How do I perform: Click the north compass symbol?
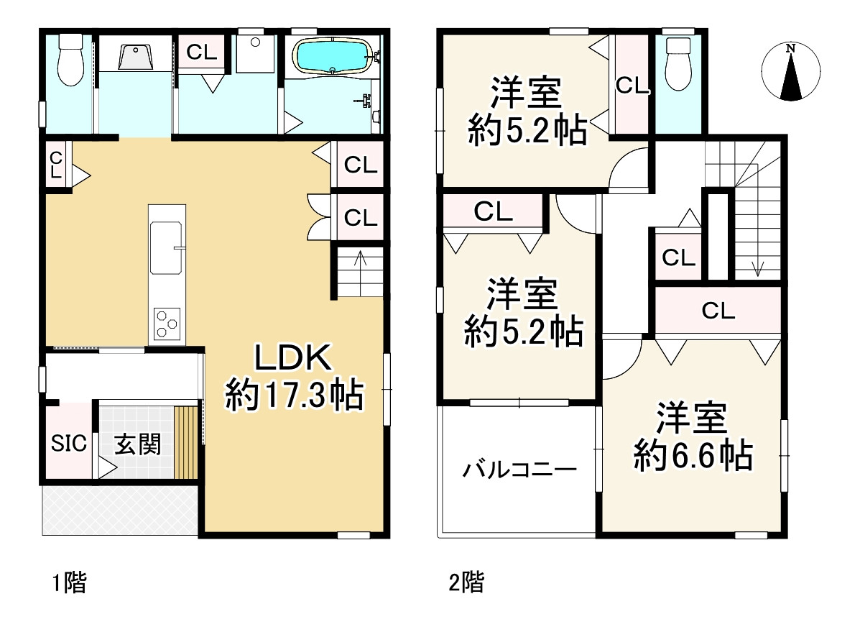790,71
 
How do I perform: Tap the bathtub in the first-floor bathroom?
333,56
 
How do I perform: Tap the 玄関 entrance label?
137,445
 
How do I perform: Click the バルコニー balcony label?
519,471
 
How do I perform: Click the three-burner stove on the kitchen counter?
167,322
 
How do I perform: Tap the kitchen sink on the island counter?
167,247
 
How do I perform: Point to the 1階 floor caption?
69,582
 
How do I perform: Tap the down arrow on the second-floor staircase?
757,266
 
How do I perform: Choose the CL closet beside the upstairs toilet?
632,86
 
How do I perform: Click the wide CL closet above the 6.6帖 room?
717,311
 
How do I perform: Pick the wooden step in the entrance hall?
186,442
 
